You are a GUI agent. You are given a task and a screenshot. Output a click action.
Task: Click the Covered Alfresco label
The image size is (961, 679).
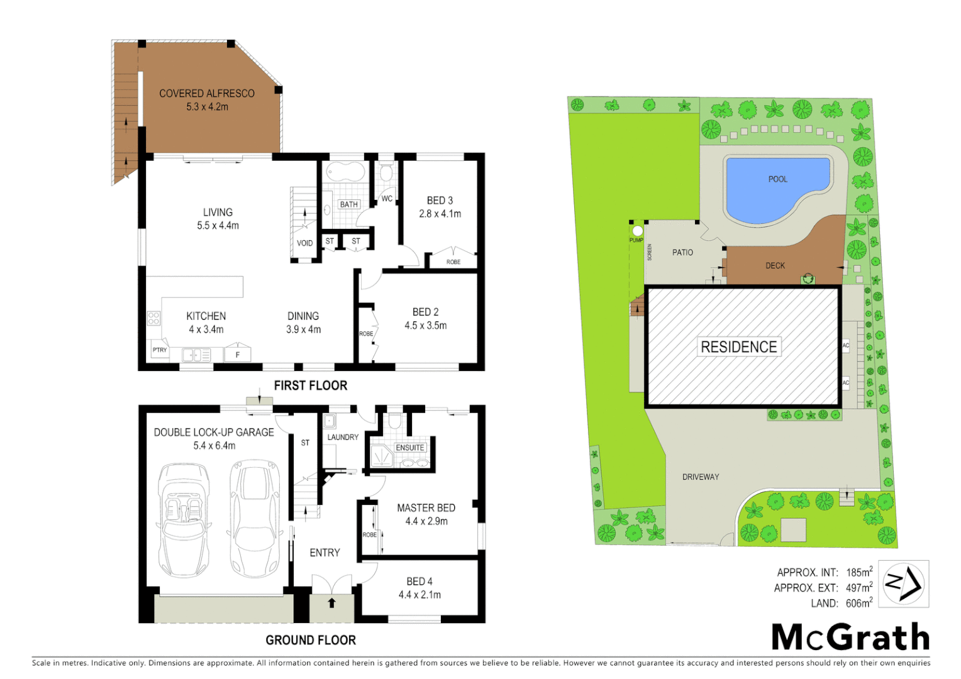pos(206,94)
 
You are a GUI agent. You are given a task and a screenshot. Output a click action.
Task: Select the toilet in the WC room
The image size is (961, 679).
pos(386,172)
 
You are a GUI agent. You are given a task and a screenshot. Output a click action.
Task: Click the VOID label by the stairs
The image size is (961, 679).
pos(304,243)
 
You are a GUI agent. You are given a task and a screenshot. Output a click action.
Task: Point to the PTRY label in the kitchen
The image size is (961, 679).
pos(160,350)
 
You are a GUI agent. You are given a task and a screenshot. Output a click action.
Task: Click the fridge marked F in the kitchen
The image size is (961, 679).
pos(238,355)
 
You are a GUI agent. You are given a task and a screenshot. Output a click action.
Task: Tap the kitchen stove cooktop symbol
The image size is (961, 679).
pos(153,318)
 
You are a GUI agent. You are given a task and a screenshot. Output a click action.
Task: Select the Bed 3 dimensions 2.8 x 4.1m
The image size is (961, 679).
pos(440,214)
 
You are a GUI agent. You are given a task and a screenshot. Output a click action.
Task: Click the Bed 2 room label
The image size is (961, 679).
pos(425,312)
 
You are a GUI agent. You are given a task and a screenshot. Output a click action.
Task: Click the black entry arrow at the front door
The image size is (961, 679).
pos(331,603)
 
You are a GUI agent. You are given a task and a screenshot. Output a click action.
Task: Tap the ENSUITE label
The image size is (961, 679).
pos(409,448)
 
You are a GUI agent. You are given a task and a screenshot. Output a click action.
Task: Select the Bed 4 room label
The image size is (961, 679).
pos(419,582)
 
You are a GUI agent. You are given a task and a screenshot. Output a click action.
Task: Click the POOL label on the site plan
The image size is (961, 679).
pos(777,179)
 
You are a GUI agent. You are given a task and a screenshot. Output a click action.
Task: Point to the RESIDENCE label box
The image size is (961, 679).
pos(738,347)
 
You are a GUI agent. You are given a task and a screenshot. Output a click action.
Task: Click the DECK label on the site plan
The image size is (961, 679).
pos(775,266)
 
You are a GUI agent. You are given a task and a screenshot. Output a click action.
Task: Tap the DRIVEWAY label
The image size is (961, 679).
pos(700,477)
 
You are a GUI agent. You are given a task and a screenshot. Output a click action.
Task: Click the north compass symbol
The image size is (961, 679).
pos(903,584)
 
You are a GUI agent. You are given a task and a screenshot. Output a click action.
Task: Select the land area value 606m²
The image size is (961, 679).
pos(858,604)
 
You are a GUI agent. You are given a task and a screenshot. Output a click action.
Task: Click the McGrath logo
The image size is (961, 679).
pos(850,638)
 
